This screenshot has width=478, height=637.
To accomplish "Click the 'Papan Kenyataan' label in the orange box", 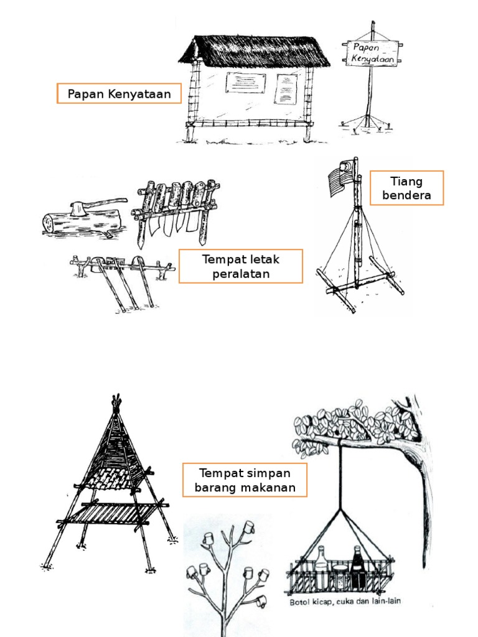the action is (x=119, y=94).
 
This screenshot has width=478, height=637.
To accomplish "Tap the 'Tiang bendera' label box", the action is (x=406, y=188).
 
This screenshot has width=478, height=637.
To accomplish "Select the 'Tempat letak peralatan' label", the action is (x=241, y=266).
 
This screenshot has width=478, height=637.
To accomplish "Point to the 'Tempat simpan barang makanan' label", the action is (x=245, y=480).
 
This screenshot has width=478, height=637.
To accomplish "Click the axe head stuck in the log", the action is (x=78, y=209).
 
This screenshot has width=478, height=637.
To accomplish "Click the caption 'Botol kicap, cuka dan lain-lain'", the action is (x=345, y=601).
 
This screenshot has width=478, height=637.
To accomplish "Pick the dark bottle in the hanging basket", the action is (x=358, y=569).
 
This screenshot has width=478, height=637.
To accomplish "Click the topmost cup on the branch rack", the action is (x=249, y=527).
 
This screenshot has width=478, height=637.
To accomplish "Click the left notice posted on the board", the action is (x=245, y=83).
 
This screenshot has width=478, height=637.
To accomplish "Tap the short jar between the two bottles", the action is (x=340, y=576).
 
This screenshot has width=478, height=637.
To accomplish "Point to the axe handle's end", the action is (x=124, y=200).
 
